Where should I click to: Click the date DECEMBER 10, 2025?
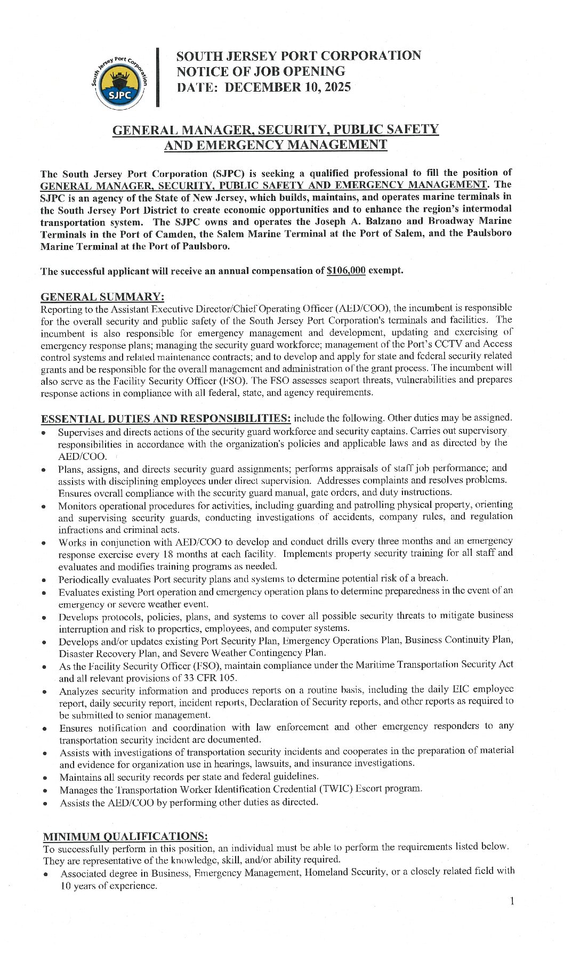tap(287, 87)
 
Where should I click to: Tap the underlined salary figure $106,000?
tap(346, 270)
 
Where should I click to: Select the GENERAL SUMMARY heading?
tap(102, 297)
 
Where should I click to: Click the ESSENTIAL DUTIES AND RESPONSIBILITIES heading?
tap(166, 418)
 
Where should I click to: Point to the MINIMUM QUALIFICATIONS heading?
tap(125, 836)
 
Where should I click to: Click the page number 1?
tap(512, 901)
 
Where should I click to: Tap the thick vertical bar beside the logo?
tap(158, 78)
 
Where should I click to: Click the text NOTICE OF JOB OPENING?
tap(261, 71)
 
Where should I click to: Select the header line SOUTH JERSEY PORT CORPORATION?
tap(299, 56)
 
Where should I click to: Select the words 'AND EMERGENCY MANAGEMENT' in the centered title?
tap(275, 145)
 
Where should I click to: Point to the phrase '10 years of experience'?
tap(109, 886)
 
